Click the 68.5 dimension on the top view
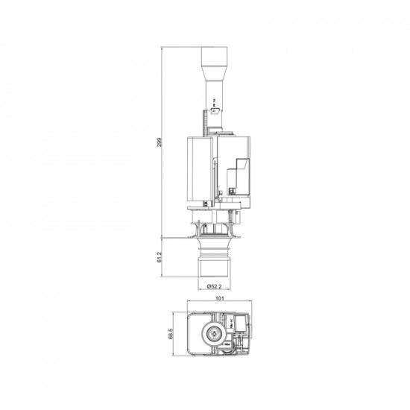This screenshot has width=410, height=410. click(x=171, y=332)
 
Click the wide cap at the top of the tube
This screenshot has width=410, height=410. click(x=214, y=56)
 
